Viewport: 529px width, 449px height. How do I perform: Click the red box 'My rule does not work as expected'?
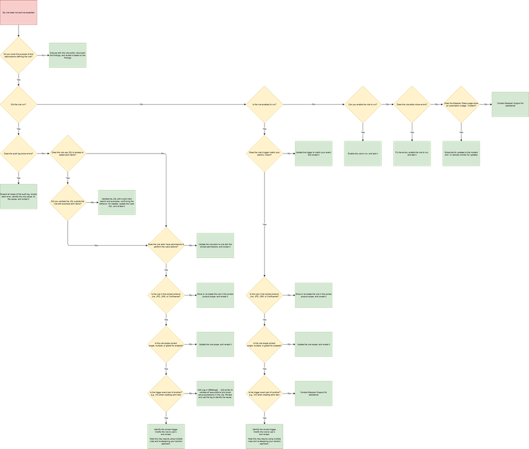[18, 12]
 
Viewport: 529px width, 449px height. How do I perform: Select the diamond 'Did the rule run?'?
[19, 104]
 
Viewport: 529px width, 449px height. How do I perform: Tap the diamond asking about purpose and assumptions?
[19, 55]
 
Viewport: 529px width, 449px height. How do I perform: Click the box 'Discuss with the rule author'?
[67, 55]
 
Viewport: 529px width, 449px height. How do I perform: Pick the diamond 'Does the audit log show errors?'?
[19, 154]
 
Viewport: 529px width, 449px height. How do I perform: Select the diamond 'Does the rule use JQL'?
[67, 154]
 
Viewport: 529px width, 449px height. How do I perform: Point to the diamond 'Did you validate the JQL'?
[67, 202]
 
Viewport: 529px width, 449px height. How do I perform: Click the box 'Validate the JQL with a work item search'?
[117, 202]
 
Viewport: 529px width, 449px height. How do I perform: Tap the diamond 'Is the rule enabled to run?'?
[264, 104]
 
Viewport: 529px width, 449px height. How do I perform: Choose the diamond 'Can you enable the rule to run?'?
[363, 104]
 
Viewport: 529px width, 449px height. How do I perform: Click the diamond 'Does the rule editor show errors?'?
[412, 104]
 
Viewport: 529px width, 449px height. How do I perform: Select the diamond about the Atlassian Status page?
[461, 104]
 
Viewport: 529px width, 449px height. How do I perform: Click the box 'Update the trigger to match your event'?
[313, 154]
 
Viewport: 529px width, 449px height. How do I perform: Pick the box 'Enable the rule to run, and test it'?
[363, 154]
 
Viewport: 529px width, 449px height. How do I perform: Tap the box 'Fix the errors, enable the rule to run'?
[412, 154]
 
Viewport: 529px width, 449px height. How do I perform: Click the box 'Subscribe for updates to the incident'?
[461, 154]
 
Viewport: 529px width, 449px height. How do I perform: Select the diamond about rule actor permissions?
[166, 246]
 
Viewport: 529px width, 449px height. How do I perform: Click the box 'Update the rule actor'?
[215, 246]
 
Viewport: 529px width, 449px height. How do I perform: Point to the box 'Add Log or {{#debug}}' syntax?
[215, 393]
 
